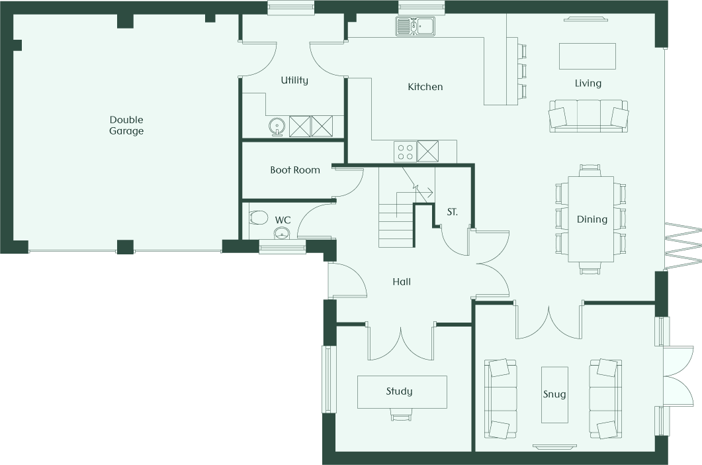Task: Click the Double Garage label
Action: (126, 126)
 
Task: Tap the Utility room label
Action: (294, 80)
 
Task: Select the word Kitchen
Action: (425, 87)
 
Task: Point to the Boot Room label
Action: (295, 170)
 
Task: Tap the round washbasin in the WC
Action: (282, 233)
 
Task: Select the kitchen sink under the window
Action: (415, 26)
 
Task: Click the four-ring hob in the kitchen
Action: (405, 151)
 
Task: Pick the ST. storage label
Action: (452, 212)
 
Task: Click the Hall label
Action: (402, 282)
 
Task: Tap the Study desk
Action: (402, 392)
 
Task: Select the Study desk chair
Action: (401, 415)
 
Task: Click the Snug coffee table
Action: (554, 395)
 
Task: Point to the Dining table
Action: (591, 219)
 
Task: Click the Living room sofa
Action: (588, 116)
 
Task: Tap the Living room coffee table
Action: (588, 56)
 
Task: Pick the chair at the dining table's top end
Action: (590, 170)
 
